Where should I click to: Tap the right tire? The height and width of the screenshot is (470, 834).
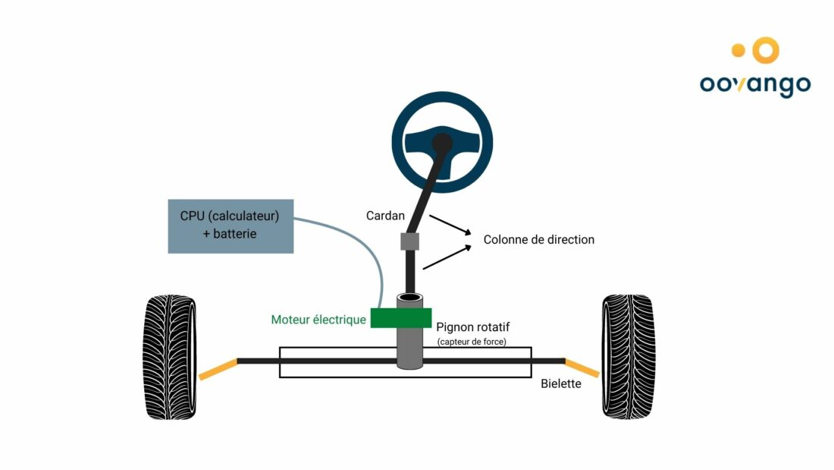click(628, 356)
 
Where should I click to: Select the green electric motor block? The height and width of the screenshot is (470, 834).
click(401, 317)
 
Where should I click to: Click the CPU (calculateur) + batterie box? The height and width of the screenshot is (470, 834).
click(230, 225)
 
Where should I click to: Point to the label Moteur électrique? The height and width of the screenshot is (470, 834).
click(318, 320)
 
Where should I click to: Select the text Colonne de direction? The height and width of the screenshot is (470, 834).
click(539, 239)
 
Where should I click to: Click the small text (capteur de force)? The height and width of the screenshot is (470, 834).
click(472, 342)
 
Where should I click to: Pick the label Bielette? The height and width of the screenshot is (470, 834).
click(561, 383)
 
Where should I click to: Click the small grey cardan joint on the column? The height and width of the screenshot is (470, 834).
click(409, 241)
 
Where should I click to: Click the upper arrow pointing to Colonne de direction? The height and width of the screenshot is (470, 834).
click(450, 225)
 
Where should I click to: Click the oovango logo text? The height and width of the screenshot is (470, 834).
click(754, 84)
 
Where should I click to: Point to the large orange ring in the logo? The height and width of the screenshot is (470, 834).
click(766, 50)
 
